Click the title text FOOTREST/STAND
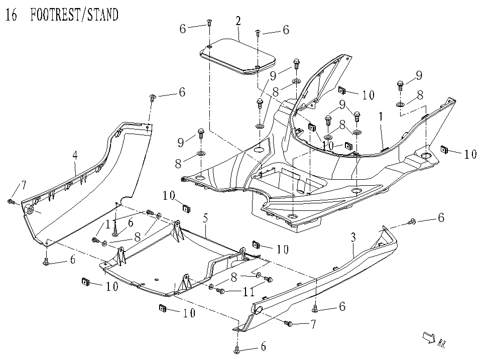click(x=74, y=15)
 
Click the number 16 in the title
click(x=11, y=15)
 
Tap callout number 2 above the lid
click(x=238, y=21)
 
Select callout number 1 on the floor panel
click(x=382, y=116)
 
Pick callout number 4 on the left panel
click(x=75, y=155)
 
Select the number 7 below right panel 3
click(x=313, y=325)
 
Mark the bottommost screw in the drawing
click(x=236, y=348)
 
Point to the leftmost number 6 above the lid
click(x=183, y=29)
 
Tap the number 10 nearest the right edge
click(x=470, y=154)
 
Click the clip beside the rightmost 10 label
click(x=444, y=149)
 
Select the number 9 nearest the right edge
click(x=418, y=76)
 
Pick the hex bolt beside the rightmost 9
click(x=400, y=84)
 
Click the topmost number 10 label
click(x=368, y=94)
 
